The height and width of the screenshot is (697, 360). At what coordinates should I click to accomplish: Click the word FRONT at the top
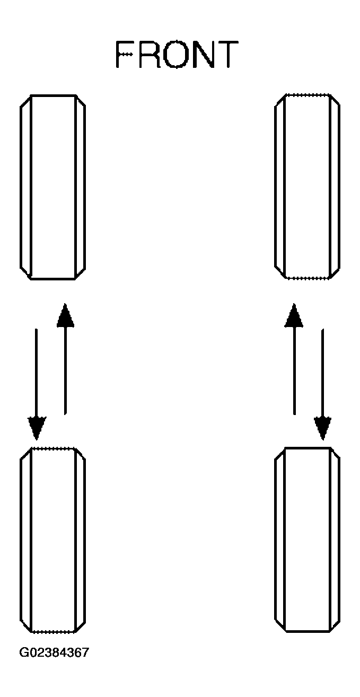pyautogui.click(x=177, y=54)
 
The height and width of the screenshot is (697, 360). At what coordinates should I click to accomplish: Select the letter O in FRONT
pyautogui.click(x=178, y=54)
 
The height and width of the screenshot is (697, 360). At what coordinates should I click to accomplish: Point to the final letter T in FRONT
pyautogui.click(x=228, y=54)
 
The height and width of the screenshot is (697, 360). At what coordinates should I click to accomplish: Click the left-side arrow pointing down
pyautogui.click(x=37, y=384)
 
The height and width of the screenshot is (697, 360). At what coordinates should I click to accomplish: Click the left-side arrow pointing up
pyautogui.click(x=65, y=359)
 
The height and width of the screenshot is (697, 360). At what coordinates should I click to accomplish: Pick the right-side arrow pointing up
pyautogui.click(x=294, y=359)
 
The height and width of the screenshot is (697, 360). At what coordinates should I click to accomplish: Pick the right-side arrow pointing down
pyautogui.click(x=322, y=384)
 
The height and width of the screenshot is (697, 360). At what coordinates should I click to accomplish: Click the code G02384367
pyautogui.click(x=54, y=652)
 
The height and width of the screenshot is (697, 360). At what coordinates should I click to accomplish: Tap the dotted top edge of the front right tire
pyautogui.click(x=308, y=94)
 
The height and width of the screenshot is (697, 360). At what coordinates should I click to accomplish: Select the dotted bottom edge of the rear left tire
pyautogui.click(x=53, y=632)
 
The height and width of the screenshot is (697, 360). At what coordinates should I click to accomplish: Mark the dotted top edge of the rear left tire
pyautogui.click(x=53, y=448)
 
